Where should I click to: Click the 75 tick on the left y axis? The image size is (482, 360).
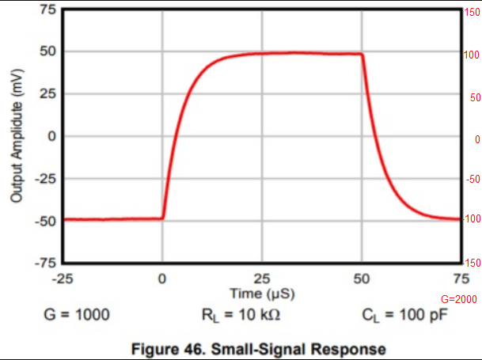pyautogui.click(x=47, y=9)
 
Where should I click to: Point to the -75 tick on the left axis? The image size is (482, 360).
pyautogui.click(x=45, y=262)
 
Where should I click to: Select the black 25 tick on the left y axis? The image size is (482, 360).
pyautogui.click(x=47, y=93)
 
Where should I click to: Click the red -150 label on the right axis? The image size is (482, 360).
pyautogui.click(x=472, y=263)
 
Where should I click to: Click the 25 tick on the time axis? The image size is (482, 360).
pyautogui.click(x=262, y=279)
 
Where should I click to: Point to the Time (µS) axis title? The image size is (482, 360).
pyautogui.click(x=262, y=293)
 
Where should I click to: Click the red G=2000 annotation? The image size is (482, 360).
pyautogui.click(x=461, y=299)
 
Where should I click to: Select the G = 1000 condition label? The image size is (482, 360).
pyautogui.click(x=76, y=315)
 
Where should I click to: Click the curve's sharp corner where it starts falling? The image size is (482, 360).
pyautogui.click(x=362, y=55)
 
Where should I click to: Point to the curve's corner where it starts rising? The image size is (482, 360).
pyautogui.click(x=163, y=218)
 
